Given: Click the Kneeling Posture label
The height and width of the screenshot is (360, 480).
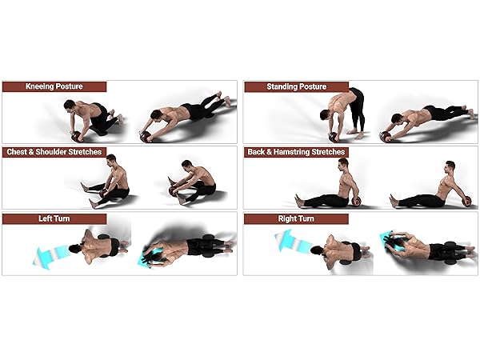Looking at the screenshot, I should [x=54, y=86].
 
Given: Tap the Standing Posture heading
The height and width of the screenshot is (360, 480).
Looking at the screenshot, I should [x=295, y=86].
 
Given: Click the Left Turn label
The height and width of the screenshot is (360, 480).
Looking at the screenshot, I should [x=54, y=218].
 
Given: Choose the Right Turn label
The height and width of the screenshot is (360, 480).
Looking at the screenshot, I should [x=295, y=218].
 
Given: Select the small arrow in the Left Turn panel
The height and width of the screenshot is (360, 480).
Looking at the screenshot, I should [x=145, y=258].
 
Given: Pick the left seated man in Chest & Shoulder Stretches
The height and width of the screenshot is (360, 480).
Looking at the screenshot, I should [x=111, y=182].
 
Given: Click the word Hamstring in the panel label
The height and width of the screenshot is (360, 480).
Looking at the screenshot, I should [x=300, y=151].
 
